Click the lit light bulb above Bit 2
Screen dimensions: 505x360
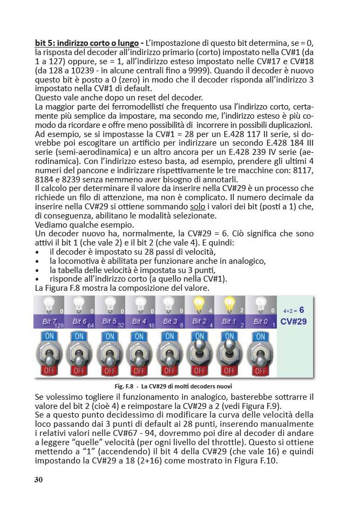point(199,305)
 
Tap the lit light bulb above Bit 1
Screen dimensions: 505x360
point(229,305)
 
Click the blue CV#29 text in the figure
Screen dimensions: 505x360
point(294,322)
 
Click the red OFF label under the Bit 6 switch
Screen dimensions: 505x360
point(79,371)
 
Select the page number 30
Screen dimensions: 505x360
point(38,480)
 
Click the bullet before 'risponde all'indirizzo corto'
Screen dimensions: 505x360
point(37,279)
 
